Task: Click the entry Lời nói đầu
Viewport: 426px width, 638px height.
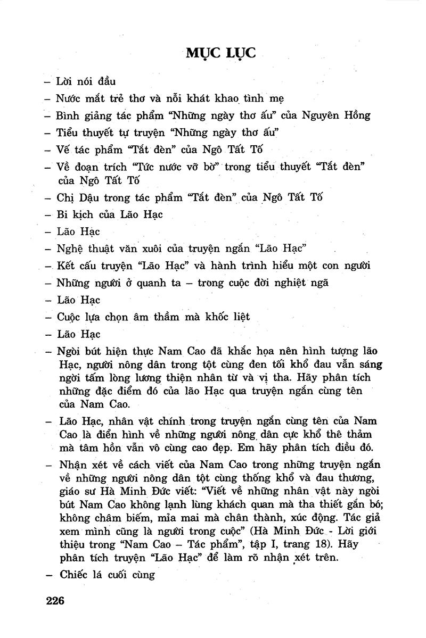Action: [x=86, y=82]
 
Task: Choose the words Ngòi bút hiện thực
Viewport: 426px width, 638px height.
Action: [x=108, y=351]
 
